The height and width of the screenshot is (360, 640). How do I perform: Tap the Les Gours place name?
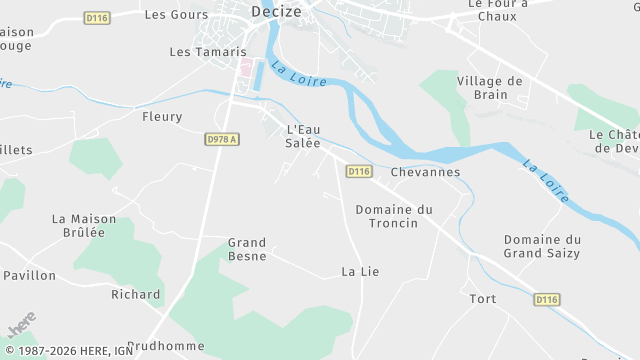coord(177,15)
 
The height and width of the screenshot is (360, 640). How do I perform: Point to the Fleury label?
coord(163,117)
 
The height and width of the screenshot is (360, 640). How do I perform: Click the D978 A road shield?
coord(223,140)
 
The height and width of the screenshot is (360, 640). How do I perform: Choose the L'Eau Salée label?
coord(304,136)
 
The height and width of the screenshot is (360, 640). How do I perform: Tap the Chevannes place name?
coord(426,172)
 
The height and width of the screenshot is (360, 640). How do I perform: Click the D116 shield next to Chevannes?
coord(359,172)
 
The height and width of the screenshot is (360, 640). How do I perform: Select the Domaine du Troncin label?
coord(394,216)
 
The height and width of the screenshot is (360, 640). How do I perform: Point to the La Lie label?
coord(360,271)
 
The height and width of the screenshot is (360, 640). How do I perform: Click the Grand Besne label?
coord(247,249)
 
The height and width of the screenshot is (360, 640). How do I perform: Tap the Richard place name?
coord(136,294)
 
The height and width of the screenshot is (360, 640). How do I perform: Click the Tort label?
coord(483,299)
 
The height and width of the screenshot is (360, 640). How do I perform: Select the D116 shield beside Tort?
coord(546,299)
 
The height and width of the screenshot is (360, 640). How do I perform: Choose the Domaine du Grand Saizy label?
coord(542,247)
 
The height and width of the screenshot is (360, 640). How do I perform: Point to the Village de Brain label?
coord(490,88)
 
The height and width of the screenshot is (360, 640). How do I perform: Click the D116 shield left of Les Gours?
coord(97,18)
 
